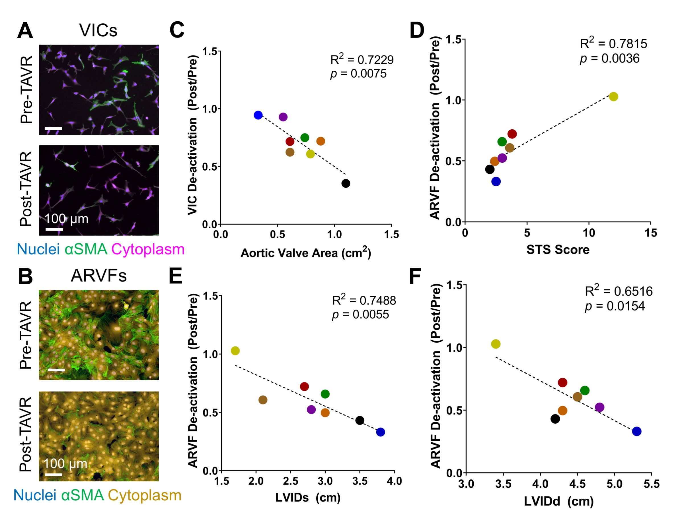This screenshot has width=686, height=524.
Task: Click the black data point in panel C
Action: click(x=345, y=183)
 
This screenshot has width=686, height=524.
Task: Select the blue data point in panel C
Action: click(x=258, y=115)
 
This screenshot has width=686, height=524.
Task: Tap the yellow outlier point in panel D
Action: click(x=613, y=97)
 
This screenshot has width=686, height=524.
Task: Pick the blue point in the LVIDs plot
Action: click(x=380, y=432)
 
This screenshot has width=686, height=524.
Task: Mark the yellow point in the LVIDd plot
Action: click(x=496, y=344)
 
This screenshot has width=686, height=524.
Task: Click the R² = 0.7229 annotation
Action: click(x=362, y=59)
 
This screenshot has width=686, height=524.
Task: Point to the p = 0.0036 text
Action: click(x=609, y=59)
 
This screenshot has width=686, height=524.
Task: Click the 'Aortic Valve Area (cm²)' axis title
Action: click(x=305, y=253)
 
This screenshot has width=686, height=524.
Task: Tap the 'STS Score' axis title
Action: click(x=558, y=250)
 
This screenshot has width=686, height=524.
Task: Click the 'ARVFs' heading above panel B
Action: click(x=99, y=276)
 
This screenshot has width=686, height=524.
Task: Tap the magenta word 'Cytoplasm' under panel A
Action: click(x=148, y=250)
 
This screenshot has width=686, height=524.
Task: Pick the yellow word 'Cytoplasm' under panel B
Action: click(x=145, y=495)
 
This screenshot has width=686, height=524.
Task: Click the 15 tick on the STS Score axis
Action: click(x=651, y=233)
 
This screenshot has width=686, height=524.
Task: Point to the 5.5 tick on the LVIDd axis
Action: click(x=651, y=484)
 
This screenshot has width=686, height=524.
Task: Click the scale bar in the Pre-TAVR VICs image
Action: click(x=54, y=128)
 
